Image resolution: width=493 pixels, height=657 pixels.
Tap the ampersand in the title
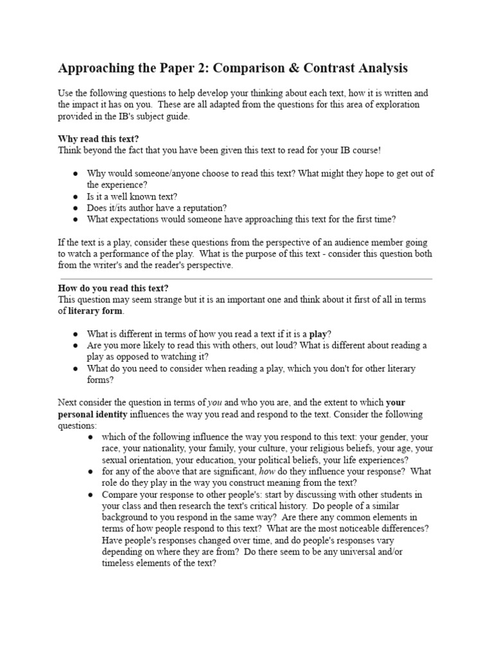coord(307,68)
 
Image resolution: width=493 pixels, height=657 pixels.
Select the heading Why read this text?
coord(98,139)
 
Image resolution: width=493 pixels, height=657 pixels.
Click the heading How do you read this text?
coord(113,288)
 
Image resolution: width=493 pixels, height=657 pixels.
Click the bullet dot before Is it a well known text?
coord(75,196)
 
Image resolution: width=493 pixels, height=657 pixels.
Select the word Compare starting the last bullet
coord(121,495)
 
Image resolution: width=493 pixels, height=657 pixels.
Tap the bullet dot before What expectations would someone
coord(75,219)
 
